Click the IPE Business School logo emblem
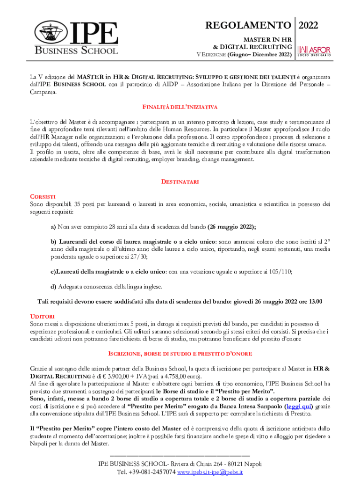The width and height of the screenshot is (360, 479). tap(49, 34)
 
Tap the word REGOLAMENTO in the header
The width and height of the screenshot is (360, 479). tap(249, 25)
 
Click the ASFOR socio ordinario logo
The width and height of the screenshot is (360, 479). tap(314, 51)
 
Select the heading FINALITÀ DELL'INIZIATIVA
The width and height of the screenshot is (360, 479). tap(180, 107)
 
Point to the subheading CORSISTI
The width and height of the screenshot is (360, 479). tap(43, 196)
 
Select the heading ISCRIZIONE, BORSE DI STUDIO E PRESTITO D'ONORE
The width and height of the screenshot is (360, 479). tap(180, 354)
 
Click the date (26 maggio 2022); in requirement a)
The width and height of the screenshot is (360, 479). tap(231, 227)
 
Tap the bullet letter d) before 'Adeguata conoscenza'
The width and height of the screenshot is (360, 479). tap(53, 286)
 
